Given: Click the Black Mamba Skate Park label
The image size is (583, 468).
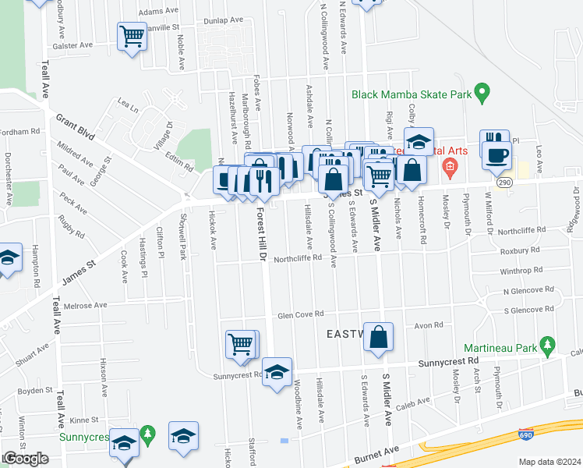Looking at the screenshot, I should coord(412,94).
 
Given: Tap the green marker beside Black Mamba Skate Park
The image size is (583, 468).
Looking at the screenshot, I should coord(482,94).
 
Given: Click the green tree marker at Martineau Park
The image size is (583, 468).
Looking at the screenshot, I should coord(548,344).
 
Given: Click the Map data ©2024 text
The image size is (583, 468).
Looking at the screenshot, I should coord(549,462).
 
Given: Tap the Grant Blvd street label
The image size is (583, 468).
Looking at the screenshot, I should coord(75,126).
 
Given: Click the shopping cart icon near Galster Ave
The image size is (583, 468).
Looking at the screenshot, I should coord(132,37).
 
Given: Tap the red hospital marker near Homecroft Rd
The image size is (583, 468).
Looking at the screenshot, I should coord(450,166).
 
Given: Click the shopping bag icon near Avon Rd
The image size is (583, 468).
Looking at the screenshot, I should coord(378,338).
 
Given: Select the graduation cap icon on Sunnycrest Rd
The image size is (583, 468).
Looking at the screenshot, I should coord(277,373).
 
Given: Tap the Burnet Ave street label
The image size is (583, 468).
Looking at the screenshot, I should coord(376,453).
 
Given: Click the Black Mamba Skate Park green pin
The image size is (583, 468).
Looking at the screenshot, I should coord(482,94).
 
